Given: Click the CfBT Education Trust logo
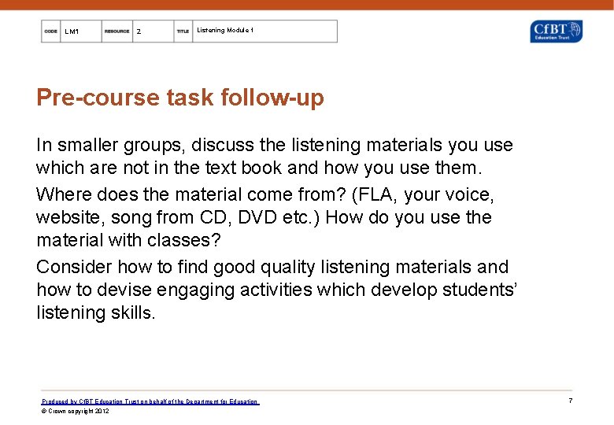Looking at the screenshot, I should coord(556,31).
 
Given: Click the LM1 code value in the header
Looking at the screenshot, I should coord(72,31).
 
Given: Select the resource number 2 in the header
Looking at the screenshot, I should coord(139,31).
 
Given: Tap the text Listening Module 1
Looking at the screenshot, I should coord(225,31).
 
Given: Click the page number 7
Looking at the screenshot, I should coord(570,401).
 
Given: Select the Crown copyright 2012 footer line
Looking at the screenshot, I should coord(76,411).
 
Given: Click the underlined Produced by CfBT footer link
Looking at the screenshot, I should coord(150,401).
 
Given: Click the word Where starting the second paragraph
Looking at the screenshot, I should coord(64,194).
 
